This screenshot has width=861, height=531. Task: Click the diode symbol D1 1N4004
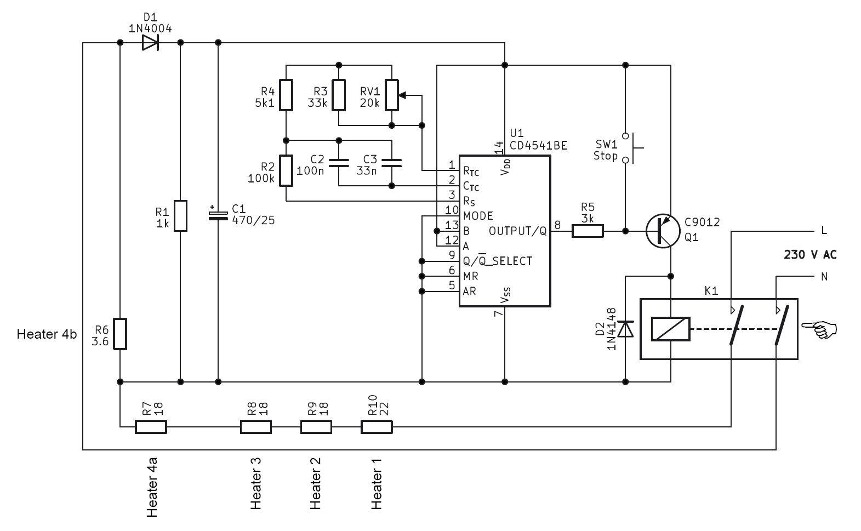150,43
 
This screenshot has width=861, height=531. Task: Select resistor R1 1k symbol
180,216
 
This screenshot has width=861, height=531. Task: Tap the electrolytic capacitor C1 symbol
218,214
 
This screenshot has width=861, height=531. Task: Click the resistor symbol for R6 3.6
119,333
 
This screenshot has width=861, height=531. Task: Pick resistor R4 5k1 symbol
287,95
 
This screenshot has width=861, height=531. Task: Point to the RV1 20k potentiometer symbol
391,95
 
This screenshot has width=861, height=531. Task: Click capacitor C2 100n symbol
339,163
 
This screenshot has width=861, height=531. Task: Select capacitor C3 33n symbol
391,163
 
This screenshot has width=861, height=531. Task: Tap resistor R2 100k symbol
287,170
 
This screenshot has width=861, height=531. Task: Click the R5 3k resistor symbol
588,231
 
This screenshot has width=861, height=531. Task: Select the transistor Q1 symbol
662,231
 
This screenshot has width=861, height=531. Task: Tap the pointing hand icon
819,329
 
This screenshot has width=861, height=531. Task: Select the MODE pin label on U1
478,216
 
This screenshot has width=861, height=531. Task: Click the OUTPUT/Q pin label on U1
517,231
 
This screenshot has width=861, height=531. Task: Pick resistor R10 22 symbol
377,427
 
